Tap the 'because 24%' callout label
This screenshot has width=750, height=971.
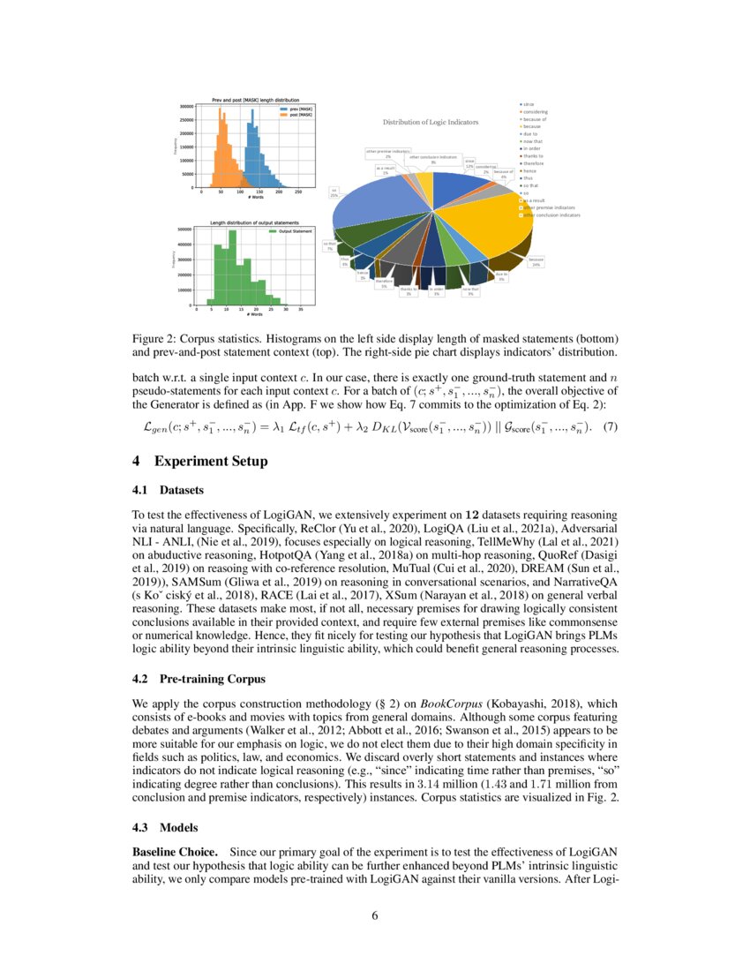[535, 261]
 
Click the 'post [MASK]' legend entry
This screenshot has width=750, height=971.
[285, 115]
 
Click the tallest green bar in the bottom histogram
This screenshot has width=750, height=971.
[232, 268]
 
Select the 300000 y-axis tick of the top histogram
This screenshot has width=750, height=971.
[187, 106]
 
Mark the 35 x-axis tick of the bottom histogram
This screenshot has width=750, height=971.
[301, 310]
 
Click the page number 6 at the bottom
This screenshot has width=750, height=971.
[375, 915]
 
